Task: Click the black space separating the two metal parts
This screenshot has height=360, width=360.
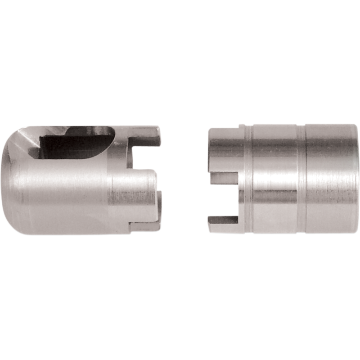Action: click(184, 180)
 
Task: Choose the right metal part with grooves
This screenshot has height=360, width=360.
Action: click(288, 180)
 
